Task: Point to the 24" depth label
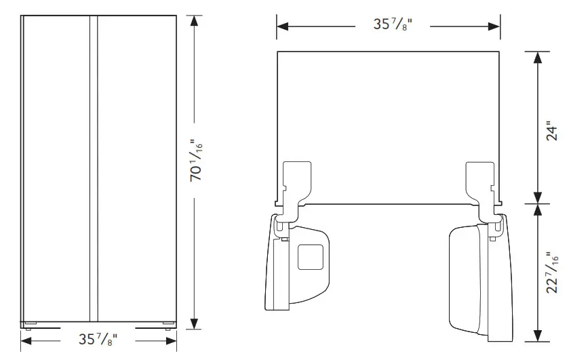click(552, 131)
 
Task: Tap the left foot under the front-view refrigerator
click(29, 323)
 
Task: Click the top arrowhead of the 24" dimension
click(537, 58)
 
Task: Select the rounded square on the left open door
click(311, 257)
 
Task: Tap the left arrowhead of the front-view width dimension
click(28, 337)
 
